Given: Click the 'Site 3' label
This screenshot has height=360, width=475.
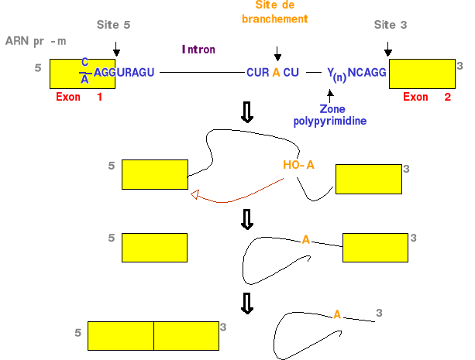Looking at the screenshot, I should [x=391, y=26].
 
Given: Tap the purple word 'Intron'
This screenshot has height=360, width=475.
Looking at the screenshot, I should [x=198, y=50].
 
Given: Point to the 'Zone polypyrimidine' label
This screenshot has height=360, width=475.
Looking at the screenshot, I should [x=327, y=115].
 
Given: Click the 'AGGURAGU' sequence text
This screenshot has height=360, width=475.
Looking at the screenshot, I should [x=125, y=72].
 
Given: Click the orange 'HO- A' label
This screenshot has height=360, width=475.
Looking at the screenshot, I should [x=298, y=165].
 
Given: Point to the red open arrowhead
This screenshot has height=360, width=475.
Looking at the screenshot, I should [x=195, y=195].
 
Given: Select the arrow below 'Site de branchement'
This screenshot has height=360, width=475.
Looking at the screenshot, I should [x=277, y=53].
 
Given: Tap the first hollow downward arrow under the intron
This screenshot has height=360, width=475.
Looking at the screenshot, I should [x=247, y=113].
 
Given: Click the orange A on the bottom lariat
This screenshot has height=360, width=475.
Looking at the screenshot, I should [x=337, y=314].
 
